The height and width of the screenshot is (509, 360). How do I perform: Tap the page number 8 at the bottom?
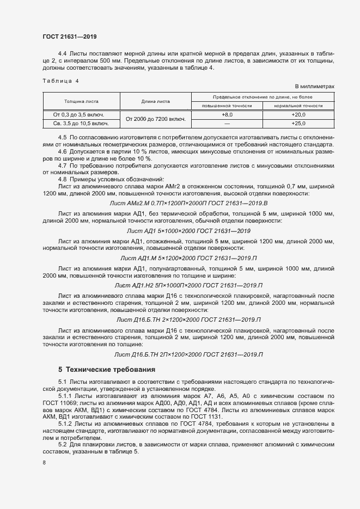(x=44, y=463)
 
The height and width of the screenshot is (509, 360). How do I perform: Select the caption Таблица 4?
(x=60, y=81)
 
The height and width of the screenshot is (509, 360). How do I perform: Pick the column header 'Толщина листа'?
(x=81, y=101)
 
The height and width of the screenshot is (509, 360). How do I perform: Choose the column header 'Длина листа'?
(x=156, y=101)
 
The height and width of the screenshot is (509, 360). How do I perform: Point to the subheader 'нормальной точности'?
(x=298, y=105)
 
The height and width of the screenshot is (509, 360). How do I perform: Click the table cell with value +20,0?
(x=298, y=115)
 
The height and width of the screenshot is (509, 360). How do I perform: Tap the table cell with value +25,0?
(x=298, y=124)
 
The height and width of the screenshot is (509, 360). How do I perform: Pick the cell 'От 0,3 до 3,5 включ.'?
(x=81, y=115)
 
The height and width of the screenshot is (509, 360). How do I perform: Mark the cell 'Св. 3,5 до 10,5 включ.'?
(x=81, y=124)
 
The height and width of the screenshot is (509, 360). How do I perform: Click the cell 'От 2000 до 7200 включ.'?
(x=156, y=119)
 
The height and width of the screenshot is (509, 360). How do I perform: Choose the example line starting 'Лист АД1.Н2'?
(x=189, y=285)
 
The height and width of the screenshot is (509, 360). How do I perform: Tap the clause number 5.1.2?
(x=65, y=423)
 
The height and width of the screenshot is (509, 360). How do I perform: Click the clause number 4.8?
(x=62, y=179)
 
